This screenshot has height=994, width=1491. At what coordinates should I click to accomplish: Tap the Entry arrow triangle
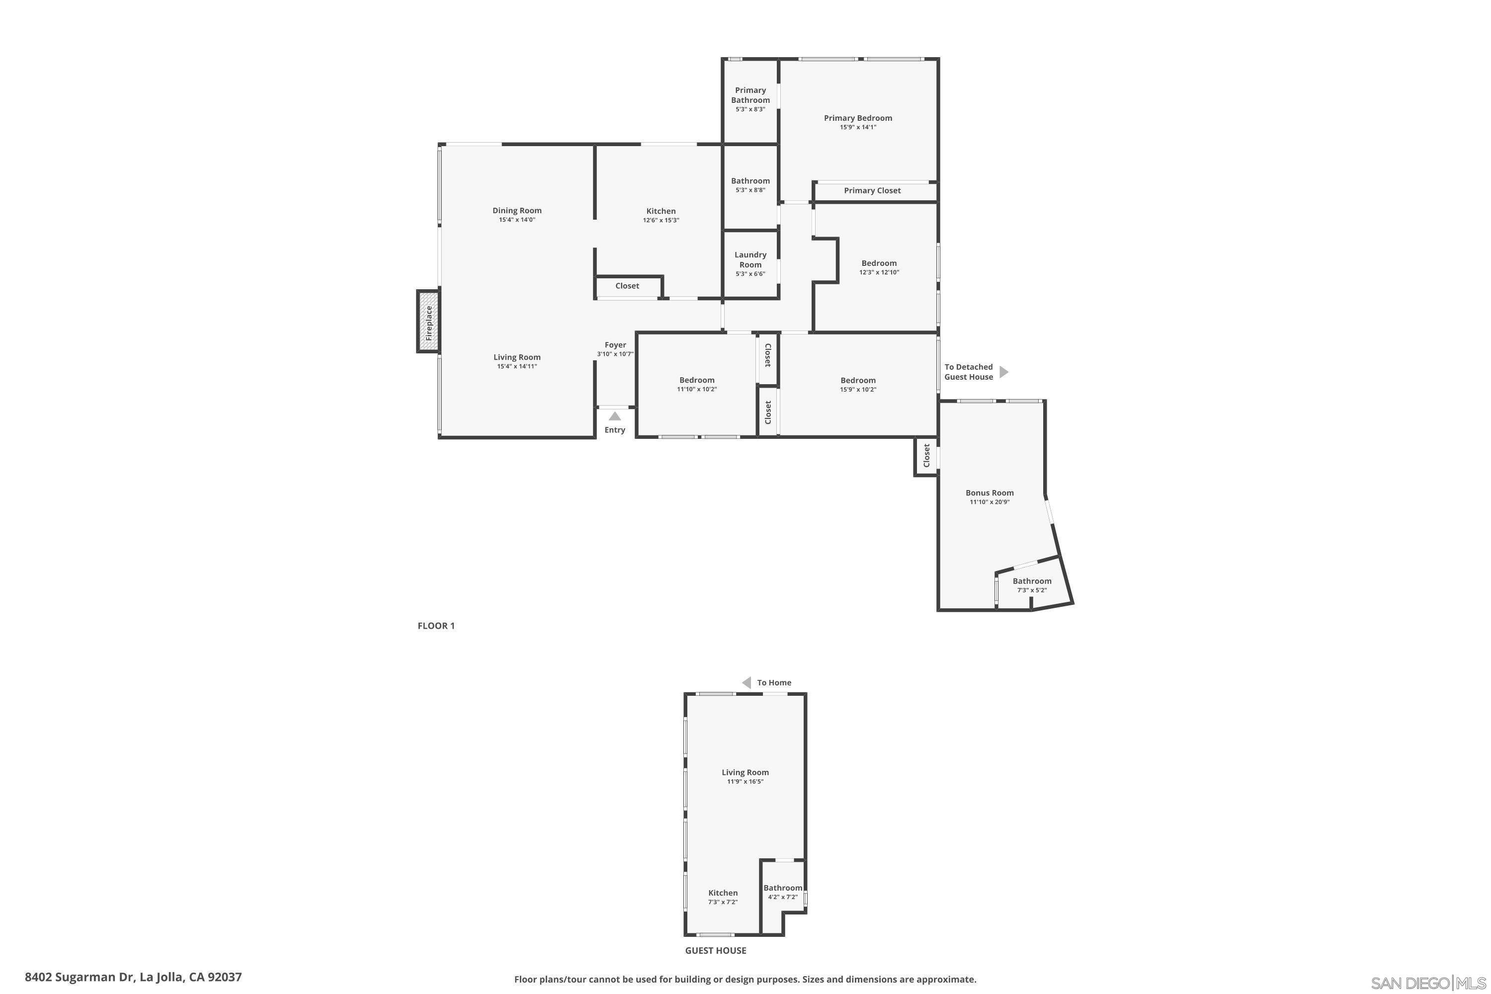pyautogui.click(x=615, y=416)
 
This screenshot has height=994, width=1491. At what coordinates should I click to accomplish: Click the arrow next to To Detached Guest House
pyautogui.click(x=1003, y=371)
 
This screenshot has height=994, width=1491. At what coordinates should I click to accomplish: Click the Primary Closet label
pyautogui.click(x=872, y=190)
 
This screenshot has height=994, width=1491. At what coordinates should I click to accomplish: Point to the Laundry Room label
pyautogui.click(x=750, y=260)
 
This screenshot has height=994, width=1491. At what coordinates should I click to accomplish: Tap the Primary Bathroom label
pyautogui.click(x=750, y=95)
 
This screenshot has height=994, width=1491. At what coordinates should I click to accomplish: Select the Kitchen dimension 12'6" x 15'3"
pyautogui.click(x=661, y=221)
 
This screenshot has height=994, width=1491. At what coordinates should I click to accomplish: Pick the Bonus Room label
pyautogui.click(x=990, y=493)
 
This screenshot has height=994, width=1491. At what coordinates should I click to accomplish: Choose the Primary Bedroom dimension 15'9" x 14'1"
pyautogui.click(x=858, y=127)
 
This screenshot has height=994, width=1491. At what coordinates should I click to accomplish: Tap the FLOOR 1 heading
pyautogui.click(x=436, y=626)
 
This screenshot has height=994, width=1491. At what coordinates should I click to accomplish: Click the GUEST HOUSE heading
pyautogui.click(x=716, y=950)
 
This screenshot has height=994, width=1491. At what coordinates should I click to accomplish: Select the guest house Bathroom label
pyautogui.click(x=783, y=888)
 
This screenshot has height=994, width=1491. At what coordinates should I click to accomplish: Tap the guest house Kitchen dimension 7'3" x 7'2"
pyautogui.click(x=723, y=902)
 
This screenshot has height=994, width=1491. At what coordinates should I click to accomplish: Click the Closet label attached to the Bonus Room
pyautogui.click(x=926, y=455)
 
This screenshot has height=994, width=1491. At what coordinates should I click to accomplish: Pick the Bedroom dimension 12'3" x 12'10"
pyautogui.click(x=879, y=272)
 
